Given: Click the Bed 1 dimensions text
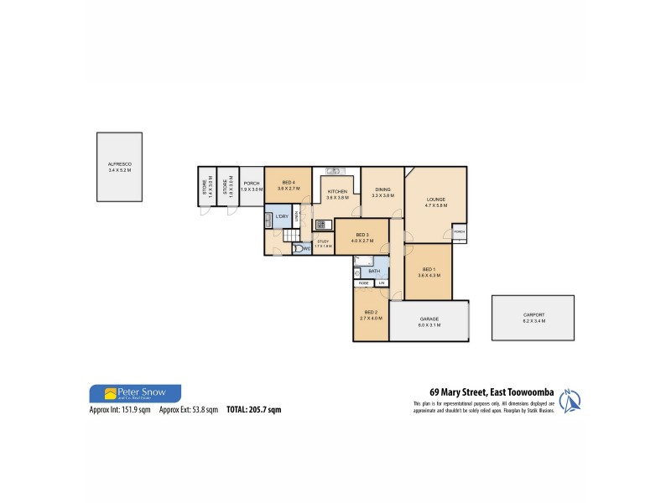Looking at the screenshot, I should click(x=429, y=275).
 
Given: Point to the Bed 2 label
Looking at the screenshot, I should click(x=370, y=312).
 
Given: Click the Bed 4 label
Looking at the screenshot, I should click(x=288, y=184).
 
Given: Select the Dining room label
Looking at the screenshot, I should click(x=382, y=189).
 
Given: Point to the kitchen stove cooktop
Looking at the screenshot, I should click(x=320, y=224).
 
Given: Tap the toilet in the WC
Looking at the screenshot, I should click(x=298, y=247).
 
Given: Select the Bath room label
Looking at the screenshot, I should click(x=374, y=272).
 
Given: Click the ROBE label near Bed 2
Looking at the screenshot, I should click(x=363, y=283).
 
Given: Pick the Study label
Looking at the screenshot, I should click(x=324, y=242).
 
